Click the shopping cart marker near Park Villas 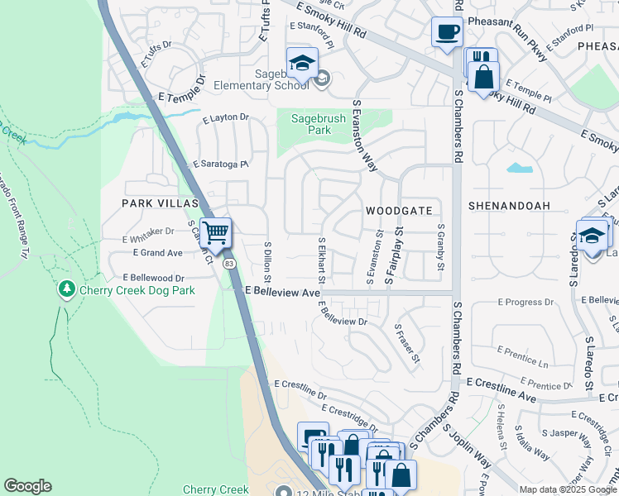215,233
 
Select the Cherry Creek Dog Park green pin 66,289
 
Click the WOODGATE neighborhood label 400,211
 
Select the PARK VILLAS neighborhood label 161,203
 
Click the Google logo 27,486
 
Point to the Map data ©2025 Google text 567,489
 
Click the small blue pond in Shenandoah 519,168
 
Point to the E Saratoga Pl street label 221,165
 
